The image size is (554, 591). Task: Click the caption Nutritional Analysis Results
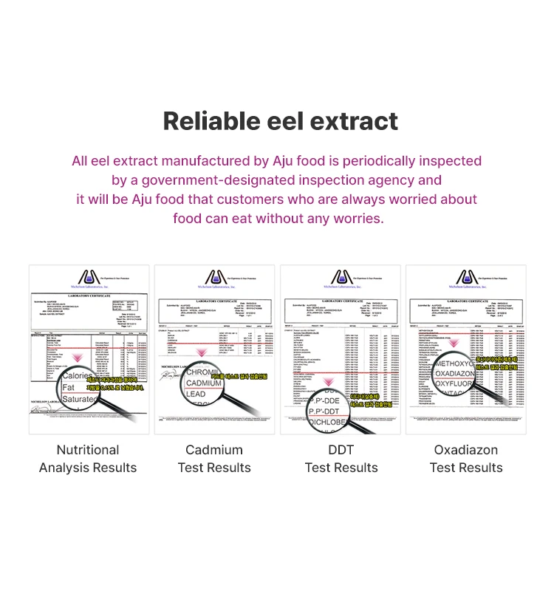88,459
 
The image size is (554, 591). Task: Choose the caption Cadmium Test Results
214,459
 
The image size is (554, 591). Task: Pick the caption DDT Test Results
341,459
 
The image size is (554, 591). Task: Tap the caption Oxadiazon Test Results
466,459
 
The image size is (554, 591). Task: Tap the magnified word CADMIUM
205,383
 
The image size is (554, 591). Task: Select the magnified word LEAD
196,394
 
